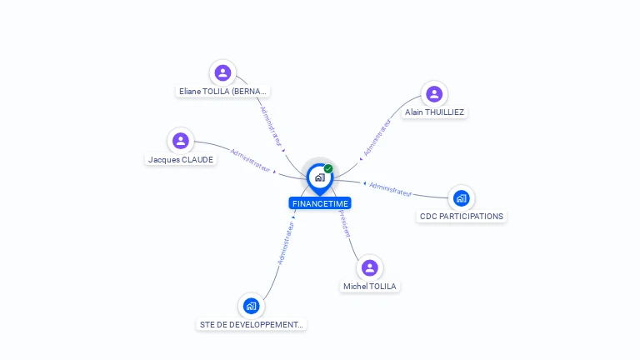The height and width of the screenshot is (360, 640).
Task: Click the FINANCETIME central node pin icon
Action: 319,177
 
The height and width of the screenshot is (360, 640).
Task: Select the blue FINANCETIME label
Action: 320,203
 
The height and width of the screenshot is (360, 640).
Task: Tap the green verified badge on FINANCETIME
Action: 328,168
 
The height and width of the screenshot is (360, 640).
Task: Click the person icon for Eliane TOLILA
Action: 222,72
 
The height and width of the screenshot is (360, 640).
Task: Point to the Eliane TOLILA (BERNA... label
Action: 223,92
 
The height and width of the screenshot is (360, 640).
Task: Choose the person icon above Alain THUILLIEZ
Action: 433,93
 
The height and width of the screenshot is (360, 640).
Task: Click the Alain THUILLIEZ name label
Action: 434,112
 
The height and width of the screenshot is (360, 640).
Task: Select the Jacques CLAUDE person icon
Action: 181,141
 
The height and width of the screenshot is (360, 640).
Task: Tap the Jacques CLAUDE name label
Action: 181,159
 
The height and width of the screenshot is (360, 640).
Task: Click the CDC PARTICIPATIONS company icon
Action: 461,198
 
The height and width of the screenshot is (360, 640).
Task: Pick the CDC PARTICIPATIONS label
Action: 462,217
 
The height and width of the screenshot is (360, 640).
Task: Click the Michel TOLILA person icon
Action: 370,267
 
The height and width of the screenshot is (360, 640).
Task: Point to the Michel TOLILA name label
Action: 370,287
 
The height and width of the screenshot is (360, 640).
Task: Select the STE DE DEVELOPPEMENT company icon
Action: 251,306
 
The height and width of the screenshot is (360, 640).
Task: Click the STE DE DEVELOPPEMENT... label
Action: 252,324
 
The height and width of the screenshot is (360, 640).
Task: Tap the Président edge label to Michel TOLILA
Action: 344,223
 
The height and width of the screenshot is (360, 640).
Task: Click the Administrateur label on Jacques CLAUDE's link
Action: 250,160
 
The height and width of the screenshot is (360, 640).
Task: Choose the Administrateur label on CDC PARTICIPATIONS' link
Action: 391,188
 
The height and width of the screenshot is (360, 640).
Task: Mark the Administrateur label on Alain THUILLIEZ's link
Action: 377,137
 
